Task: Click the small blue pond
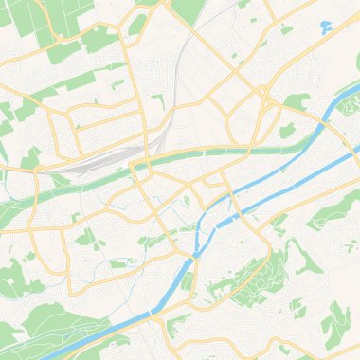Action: (326, 26)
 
